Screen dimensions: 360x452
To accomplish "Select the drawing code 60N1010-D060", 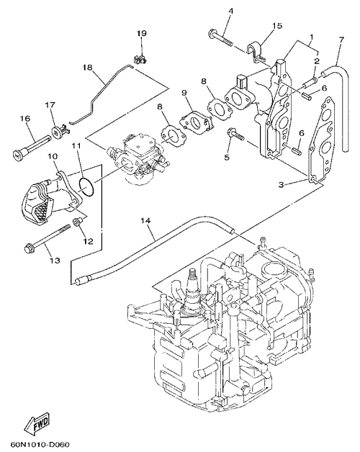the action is click(41, 445).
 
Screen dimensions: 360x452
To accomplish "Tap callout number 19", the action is click(141, 33).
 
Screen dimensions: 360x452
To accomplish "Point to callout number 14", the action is click(146, 221).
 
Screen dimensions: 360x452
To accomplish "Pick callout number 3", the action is click(282, 184).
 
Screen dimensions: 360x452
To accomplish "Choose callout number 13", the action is click(55, 261).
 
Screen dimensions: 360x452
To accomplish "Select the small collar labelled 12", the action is click(78, 222).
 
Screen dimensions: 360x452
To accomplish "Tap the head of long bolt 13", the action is click(28, 248).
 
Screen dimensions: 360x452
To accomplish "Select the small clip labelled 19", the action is click(140, 59).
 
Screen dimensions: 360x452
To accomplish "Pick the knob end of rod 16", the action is click(18, 155).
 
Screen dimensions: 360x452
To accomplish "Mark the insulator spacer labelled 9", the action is click(197, 122).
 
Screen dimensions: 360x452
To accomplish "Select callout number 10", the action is click(53, 156).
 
